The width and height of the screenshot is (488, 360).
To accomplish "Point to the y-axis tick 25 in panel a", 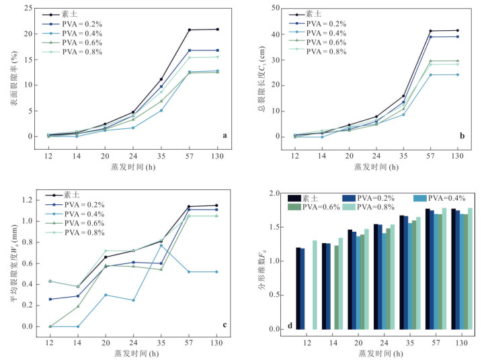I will [28, 8].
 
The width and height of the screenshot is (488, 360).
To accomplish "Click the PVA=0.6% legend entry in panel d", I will [321, 208].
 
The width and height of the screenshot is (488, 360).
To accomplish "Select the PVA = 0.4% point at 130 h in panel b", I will [458, 75].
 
